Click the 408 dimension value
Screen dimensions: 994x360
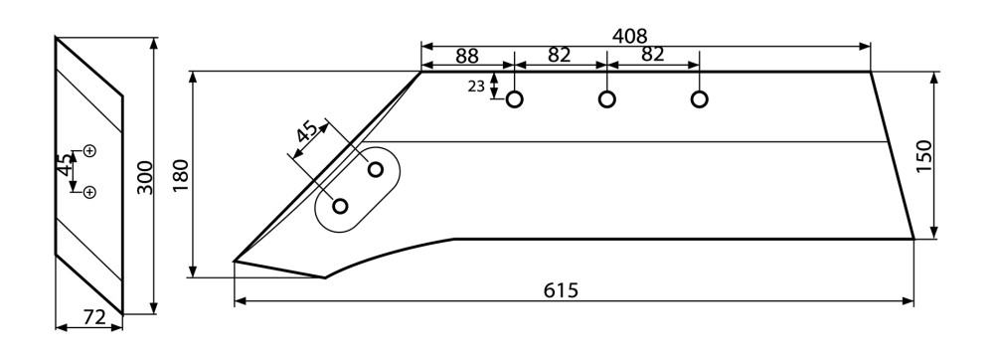click(629, 36)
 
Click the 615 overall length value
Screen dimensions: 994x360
click(561, 290)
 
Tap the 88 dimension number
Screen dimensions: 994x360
click(466, 56)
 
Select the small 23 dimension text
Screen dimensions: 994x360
click(476, 87)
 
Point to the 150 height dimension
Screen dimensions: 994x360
click(923, 156)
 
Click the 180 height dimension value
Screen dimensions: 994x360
click(181, 176)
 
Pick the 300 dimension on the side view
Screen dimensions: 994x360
click(145, 177)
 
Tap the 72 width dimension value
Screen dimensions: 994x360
click(93, 317)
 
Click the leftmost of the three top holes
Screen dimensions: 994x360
click(514, 99)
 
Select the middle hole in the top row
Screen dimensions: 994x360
click(606, 99)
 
